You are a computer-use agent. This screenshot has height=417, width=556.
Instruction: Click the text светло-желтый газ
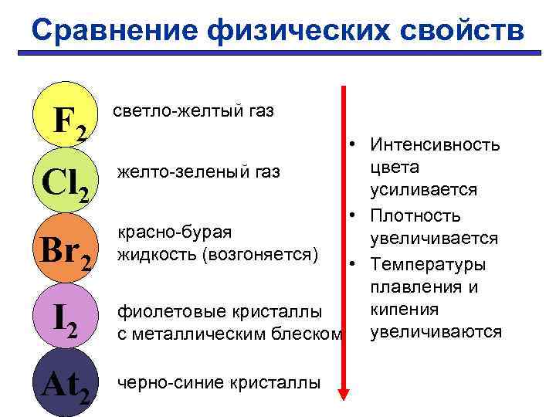194,112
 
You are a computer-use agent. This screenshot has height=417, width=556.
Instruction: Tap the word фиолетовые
161,313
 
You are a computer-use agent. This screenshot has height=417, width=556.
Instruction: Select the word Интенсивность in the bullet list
436,144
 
